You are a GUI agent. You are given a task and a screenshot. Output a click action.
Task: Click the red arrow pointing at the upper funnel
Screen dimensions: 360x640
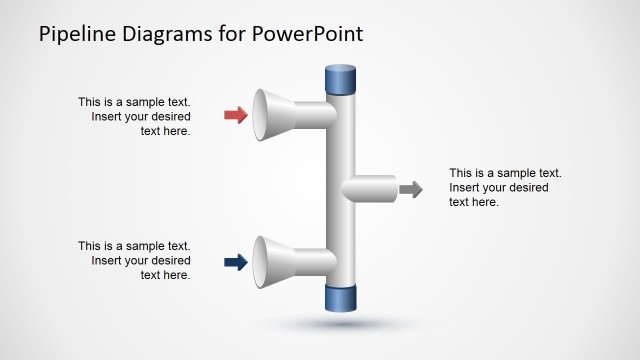(236, 115)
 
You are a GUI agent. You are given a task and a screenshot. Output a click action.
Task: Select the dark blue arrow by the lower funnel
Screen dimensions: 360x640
(236, 263)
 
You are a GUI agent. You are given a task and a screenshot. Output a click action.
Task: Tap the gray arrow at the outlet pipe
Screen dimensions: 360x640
(410, 188)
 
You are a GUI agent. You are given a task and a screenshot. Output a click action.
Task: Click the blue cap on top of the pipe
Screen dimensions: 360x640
(341, 79)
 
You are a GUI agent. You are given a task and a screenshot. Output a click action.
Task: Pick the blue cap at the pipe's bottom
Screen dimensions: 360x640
(341, 299)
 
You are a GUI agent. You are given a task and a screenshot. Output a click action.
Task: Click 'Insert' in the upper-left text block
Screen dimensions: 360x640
(107, 116)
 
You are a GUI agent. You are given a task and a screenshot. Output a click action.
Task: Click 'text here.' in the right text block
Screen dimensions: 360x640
(474, 202)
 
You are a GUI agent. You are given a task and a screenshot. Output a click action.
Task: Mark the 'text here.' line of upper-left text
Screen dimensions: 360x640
(165, 130)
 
